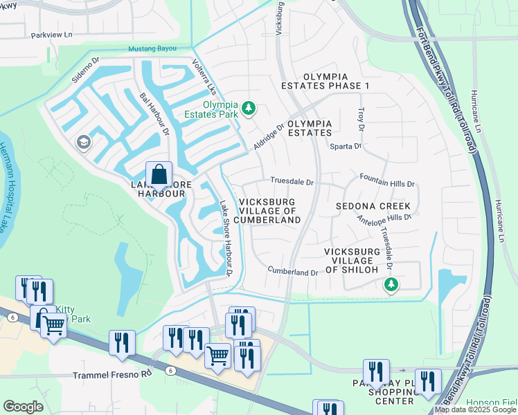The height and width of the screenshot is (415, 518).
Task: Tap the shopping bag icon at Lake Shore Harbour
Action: pos(159,174)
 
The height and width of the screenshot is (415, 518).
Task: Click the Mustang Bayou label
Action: pos(152,49)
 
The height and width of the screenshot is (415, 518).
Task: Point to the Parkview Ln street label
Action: pos(51,34)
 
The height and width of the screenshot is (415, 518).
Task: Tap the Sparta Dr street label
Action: pos(346,146)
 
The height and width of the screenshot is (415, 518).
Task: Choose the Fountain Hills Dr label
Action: pos(387,184)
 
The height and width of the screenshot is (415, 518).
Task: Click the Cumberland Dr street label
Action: pos(292,272)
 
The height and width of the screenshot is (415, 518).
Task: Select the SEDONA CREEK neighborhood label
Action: pos(373,206)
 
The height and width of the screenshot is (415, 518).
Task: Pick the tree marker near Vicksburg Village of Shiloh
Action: pos(391,284)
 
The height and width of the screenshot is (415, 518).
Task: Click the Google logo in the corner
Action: pos(23,407)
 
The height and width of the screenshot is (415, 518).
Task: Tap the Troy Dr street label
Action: pos(360,119)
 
